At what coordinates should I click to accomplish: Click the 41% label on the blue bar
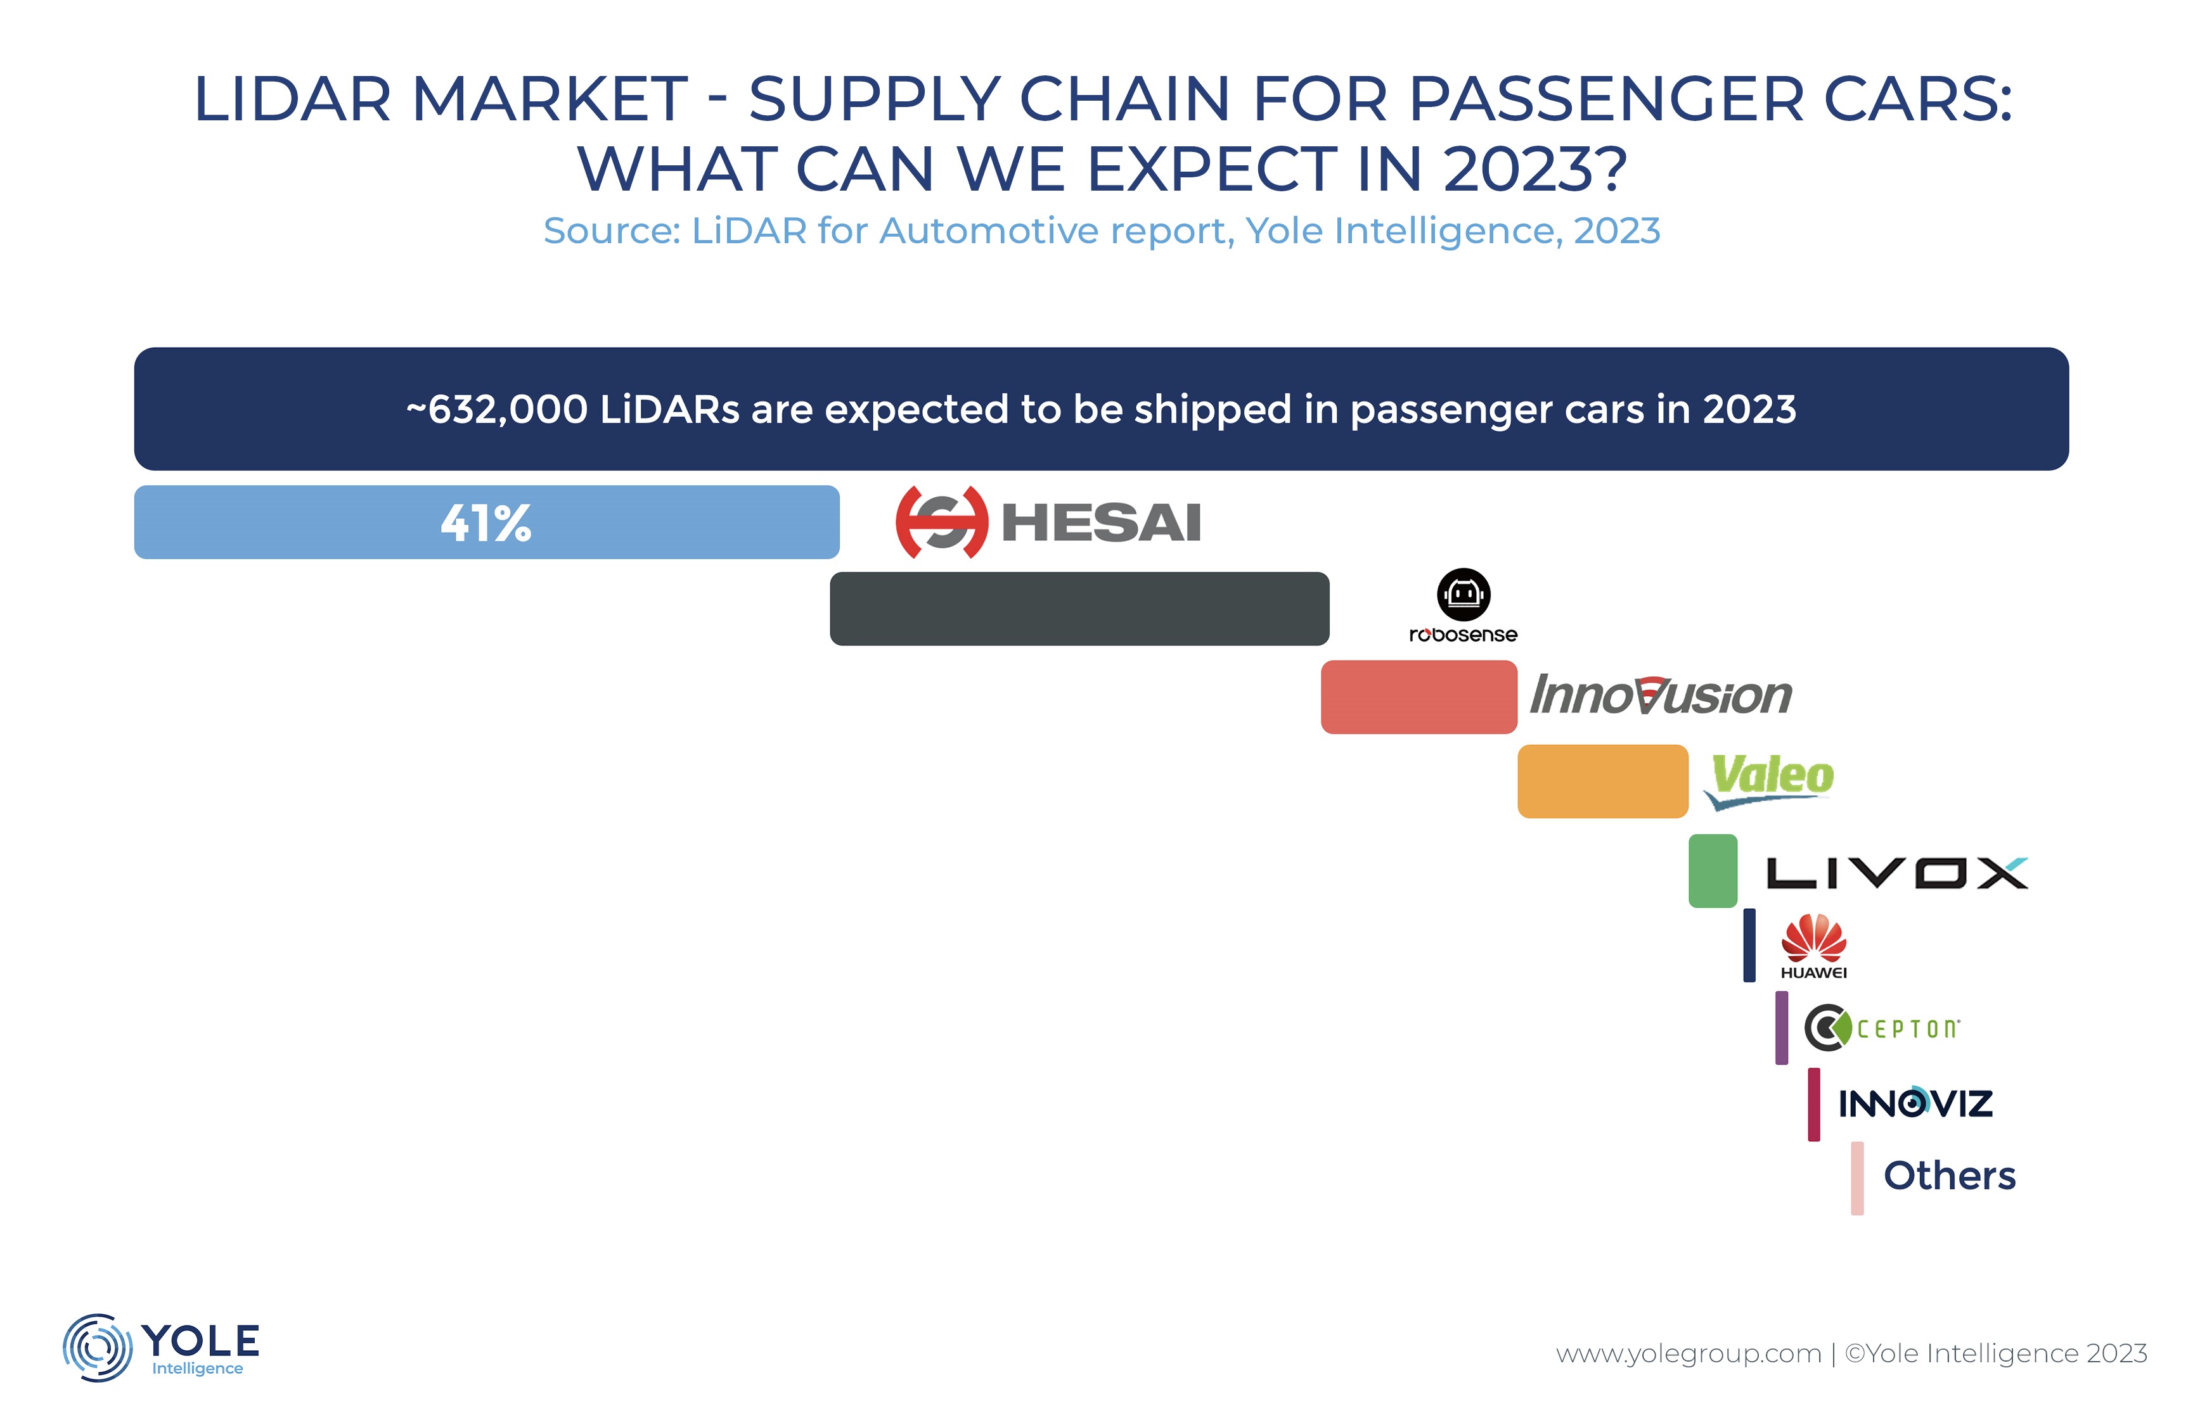486,522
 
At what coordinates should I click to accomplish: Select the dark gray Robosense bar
1079,609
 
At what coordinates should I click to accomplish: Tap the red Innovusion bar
1419,697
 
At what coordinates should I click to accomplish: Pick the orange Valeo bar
1602,781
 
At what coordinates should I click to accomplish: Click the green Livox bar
1713,871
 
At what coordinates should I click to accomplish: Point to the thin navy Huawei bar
1749,945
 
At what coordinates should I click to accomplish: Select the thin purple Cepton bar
1781,1028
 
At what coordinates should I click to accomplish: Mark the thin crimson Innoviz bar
1813,1104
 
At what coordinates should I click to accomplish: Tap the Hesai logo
1048,522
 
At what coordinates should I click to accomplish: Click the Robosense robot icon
1464,594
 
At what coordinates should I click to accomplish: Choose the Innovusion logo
1661,695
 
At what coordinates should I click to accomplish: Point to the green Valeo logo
1771,779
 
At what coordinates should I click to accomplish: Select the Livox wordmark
1897,873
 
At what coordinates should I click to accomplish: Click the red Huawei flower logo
1813,937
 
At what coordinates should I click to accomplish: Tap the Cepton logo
1881,1028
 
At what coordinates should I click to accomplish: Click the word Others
1949,1176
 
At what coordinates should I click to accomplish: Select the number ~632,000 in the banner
496,409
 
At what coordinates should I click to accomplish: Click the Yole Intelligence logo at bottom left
162,1346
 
